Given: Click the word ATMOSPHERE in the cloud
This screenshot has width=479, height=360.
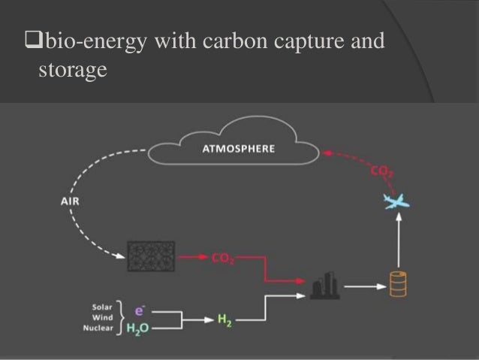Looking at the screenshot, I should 239,149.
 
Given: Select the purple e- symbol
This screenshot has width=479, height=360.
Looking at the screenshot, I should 139,310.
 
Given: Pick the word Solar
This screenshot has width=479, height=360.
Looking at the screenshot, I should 104,307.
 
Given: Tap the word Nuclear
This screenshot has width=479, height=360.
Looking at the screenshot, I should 98,328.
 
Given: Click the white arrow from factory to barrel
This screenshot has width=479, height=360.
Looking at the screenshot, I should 362,286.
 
